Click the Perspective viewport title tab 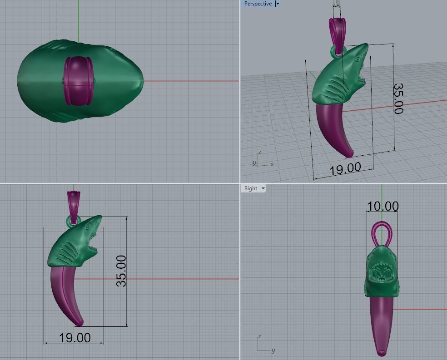[x=258, y=4]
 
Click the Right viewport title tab [x=251, y=188]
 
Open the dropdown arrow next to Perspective [x=278, y=4]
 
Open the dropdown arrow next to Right [x=263, y=188]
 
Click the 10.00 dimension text [x=382, y=207]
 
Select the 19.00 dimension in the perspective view [x=345, y=169]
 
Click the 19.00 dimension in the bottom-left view [x=74, y=338]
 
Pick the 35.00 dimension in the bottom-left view [x=121, y=271]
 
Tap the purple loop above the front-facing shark [x=381, y=232]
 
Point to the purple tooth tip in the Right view [x=381, y=352]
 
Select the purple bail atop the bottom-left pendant [x=73, y=201]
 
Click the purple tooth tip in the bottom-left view [x=80, y=323]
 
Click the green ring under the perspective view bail [x=338, y=51]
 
